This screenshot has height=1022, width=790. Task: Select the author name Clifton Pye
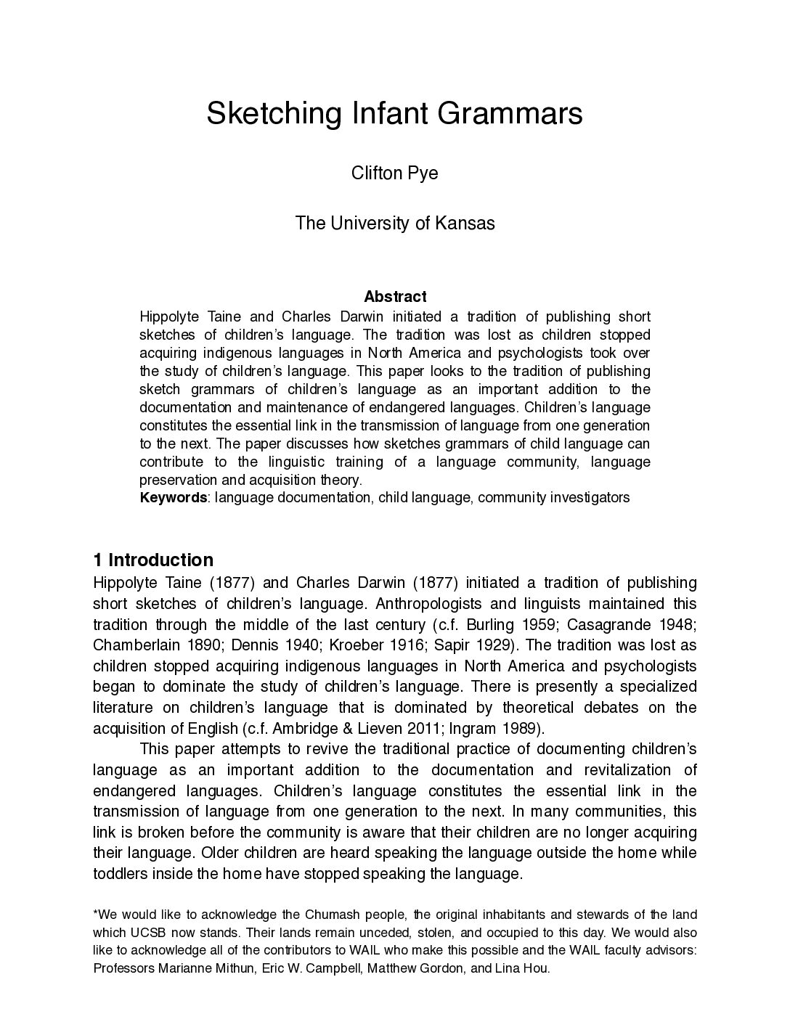394,174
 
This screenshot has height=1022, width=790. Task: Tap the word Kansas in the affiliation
465,223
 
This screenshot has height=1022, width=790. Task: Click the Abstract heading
394,296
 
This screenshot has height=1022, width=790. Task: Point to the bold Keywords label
173,498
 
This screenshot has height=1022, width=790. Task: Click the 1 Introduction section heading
153,560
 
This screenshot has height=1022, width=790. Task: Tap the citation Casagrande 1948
631,624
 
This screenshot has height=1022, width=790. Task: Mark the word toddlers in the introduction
121,874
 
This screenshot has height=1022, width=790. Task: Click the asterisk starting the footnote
96,914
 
